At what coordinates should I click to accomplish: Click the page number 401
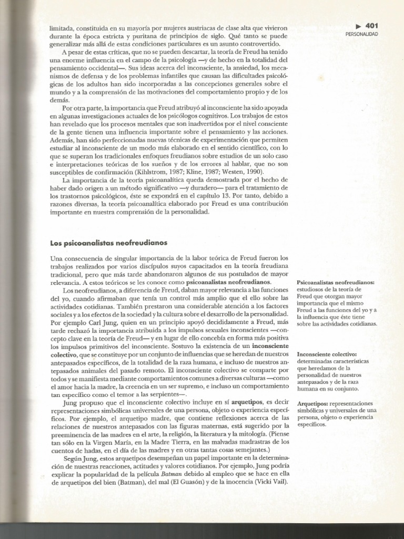pos(371,25)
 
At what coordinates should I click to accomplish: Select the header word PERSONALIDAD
pos(362,34)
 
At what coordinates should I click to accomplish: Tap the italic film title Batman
pos(173,474)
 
